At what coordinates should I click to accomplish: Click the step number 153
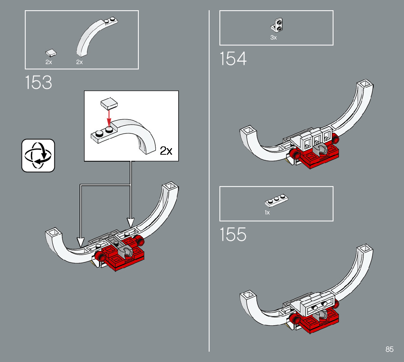pos(39,82)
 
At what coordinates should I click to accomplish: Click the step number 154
pos(233,59)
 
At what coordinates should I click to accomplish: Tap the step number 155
pos(233,235)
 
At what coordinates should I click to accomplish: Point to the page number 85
pos(389,349)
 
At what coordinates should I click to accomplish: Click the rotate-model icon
pos(38,155)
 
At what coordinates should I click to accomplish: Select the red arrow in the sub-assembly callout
pos(108,118)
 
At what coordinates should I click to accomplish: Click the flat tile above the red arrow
pos(108,104)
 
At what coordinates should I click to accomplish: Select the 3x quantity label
pos(274,38)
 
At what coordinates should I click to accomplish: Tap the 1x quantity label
pos(267,212)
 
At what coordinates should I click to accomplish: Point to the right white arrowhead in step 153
pos(130,222)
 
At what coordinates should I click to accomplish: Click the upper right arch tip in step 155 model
pos(365,250)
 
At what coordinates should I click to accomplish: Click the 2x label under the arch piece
pos(80,62)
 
